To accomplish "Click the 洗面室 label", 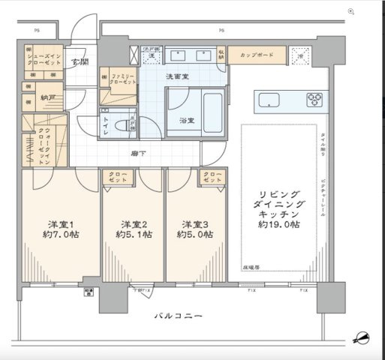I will pyautogui.click(x=177, y=76).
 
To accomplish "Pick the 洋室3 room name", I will pyautogui.click(x=191, y=223).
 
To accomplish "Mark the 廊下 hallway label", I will pyautogui.click(x=138, y=154).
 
